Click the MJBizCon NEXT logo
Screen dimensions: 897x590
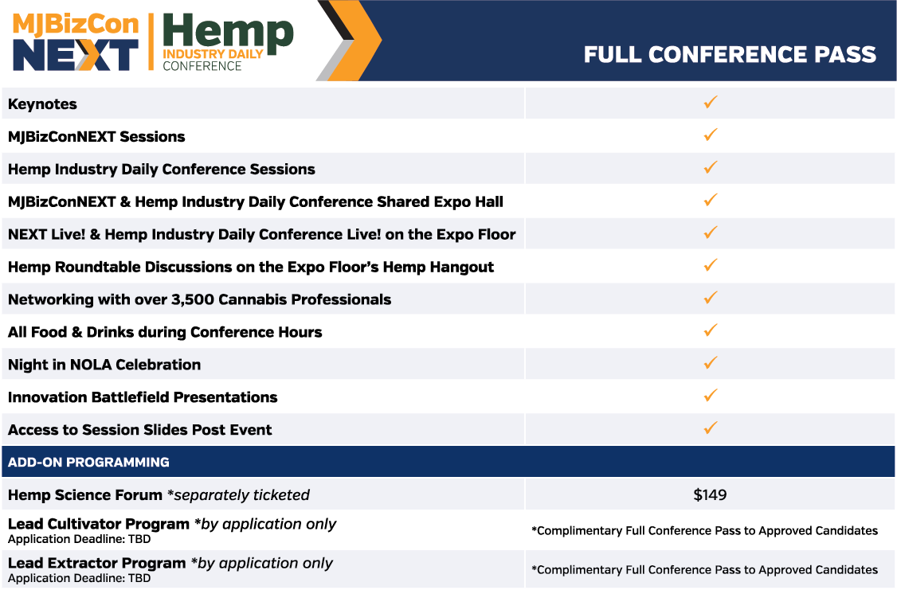point(76,41)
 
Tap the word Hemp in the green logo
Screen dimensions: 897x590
point(228,32)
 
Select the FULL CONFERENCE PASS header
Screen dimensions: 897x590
point(730,54)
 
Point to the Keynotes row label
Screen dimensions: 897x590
point(42,104)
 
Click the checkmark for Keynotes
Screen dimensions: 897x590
point(711,103)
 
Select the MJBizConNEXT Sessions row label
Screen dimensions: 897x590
point(96,137)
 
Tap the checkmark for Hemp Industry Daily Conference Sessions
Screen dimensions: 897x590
point(711,167)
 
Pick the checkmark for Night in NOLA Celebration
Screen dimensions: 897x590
point(711,363)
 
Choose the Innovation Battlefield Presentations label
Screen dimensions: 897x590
point(143,397)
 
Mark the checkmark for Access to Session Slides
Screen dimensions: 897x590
point(711,428)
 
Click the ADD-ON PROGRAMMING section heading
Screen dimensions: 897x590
point(88,462)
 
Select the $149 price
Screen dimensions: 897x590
point(710,494)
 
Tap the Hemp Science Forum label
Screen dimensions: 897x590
point(85,494)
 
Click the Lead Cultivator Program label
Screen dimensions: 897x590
point(99,524)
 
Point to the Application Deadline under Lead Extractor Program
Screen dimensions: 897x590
point(80,578)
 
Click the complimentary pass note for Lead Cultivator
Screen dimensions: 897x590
point(705,530)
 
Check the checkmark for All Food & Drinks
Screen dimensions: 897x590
point(711,330)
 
